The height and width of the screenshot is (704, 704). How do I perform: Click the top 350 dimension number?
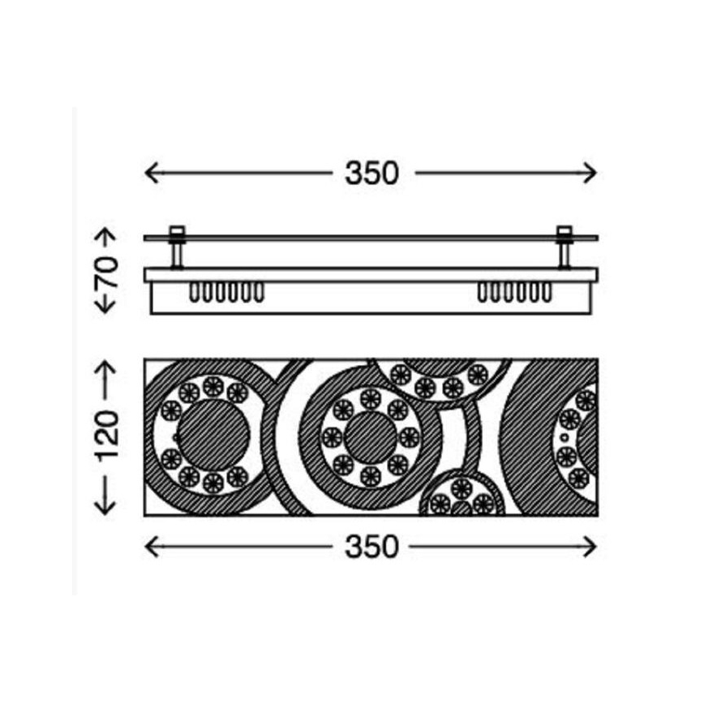371,174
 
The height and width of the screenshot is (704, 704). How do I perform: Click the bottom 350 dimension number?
371,547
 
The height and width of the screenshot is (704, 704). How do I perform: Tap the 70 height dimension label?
107,272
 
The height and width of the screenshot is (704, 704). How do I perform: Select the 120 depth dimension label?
107,436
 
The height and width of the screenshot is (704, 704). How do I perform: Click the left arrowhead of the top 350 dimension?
152,173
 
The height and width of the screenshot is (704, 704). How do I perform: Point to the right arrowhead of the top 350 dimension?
590,173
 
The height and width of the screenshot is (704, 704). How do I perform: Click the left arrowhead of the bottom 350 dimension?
152,547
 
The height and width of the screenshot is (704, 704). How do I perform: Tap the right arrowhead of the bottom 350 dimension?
590,547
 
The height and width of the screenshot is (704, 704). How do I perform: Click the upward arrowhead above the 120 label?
106,367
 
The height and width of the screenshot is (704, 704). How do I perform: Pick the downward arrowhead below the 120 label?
106,508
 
